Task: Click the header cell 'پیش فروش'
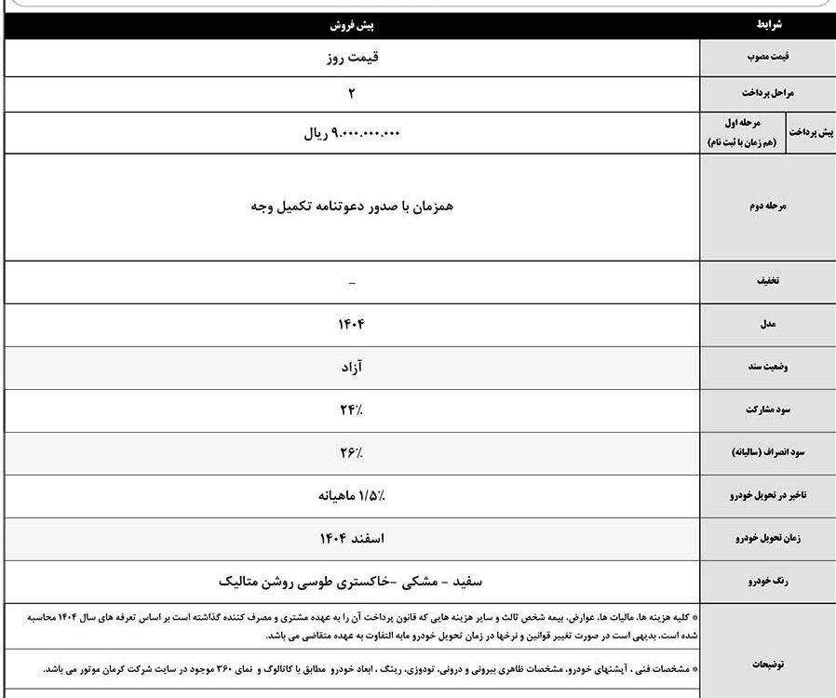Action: pos(351,27)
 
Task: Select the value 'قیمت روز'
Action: pos(351,58)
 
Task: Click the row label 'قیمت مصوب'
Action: pos(769,58)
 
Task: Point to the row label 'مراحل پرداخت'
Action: pos(769,94)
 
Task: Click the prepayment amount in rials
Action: pos(351,133)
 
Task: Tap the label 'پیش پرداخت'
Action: pos(811,132)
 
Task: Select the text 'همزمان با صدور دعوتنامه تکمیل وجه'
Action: pos(351,207)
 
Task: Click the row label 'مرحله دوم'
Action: pos(769,207)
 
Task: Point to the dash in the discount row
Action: pos(351,282)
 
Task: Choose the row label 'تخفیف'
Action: pos(769,282)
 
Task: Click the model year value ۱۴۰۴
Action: pos(351,325)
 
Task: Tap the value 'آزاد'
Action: pos(351,368)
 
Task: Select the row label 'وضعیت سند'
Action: pos(769,368)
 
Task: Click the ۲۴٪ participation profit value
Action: pos(351,409)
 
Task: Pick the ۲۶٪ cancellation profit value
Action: pos(351,453)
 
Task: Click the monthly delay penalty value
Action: pos(351,496)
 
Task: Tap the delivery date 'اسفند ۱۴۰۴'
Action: pos(351,539)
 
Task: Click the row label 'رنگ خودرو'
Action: pos(769,582)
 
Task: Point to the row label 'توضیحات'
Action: pos(769,664)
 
